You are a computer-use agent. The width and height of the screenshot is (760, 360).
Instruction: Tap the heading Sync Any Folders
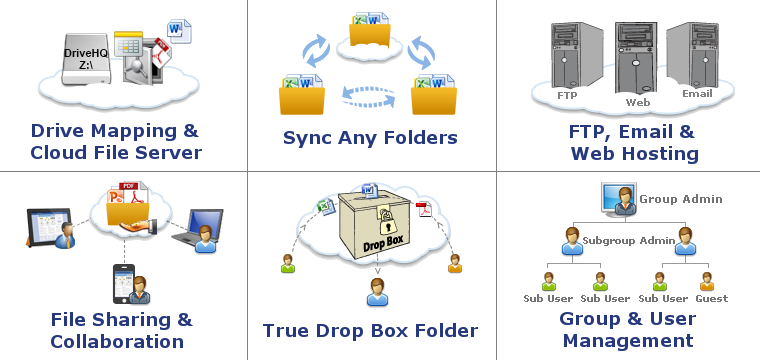(x=370, y=137)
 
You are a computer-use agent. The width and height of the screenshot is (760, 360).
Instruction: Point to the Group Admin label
(x=680, y=199)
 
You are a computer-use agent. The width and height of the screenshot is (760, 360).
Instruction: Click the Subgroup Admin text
(x=629, y=240)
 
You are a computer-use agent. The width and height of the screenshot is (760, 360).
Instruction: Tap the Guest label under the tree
(x=711, y=298)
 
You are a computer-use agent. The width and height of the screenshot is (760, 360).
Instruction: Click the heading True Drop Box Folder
(x=370, y=331)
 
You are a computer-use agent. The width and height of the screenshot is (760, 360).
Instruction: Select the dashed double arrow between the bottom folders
(x=370, y=95)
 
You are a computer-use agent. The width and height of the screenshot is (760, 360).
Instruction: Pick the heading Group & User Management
(x=627, y=330)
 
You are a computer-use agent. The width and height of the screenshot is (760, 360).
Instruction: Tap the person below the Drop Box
(x=377, y=291)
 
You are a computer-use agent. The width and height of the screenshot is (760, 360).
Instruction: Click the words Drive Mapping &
(x=115, y=130)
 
